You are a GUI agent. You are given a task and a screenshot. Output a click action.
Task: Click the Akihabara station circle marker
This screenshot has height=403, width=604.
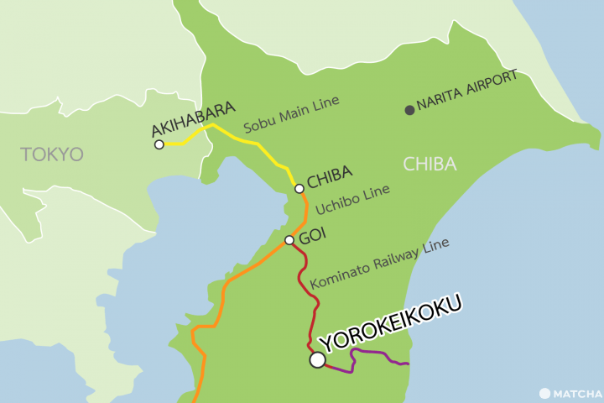pyautogui.click(x=159, y=144)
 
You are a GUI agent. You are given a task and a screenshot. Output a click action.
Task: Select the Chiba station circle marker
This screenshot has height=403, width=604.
pyautogui.click(x=299, y=189)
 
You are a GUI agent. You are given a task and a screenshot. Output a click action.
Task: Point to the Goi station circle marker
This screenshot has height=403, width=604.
pyautogui.click(x=289, y=240)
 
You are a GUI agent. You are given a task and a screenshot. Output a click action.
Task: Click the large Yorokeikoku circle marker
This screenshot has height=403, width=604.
pyautogui.click(x=317, y=359)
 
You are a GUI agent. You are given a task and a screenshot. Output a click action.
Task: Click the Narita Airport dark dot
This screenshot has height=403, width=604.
pyautogui.click(x=409, y=109)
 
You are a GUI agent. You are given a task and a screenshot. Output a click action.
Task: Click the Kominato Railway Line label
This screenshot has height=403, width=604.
pyautogui.click(x=379, y=262)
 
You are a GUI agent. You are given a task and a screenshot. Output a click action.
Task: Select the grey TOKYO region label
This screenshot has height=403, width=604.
pyautogui.click(x=53, y=154)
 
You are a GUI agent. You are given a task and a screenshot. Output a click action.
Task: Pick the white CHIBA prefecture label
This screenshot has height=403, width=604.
pyautogui.click(x=430, y=164)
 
